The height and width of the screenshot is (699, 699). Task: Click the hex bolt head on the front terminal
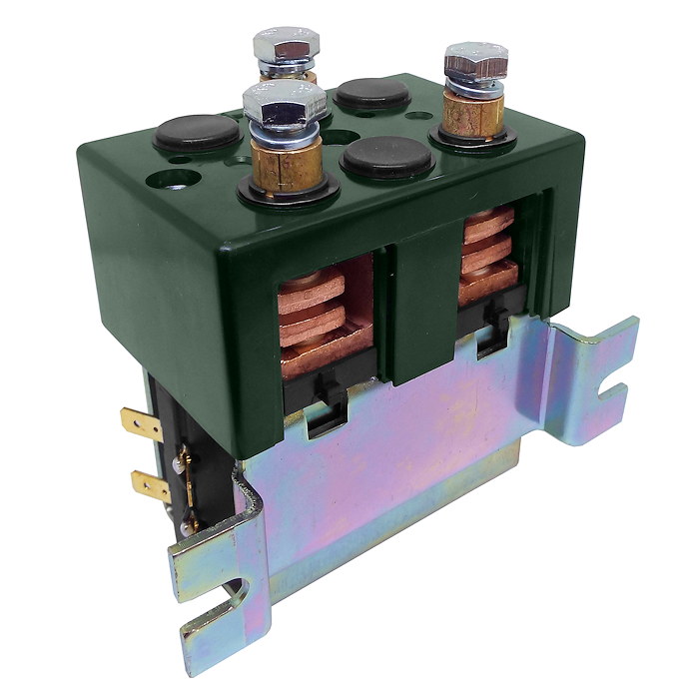(x=285, y=100)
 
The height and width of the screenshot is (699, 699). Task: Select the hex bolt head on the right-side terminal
(x=475, y=62)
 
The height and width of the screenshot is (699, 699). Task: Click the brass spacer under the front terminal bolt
(x=285, y=160)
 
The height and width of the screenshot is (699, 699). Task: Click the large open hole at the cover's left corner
(x=160, y=183)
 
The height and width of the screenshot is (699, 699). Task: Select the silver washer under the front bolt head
(x=284, y=127)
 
